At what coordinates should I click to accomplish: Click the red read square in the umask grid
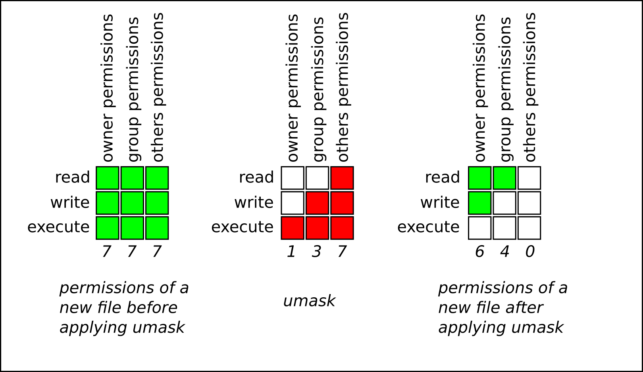[342, 178]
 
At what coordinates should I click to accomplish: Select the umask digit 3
[316, 252]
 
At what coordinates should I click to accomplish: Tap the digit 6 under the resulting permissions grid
[479, 252]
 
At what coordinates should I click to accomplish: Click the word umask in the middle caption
[309, 301]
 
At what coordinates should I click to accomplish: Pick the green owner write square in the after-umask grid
[479, 203]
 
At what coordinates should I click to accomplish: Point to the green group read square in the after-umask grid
[504, 178]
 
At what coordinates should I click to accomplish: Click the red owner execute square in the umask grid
[293, 228]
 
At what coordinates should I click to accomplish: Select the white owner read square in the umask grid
[293, 178]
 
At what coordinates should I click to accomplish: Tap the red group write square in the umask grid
[317, 203]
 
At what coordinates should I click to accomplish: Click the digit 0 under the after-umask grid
[529, 252]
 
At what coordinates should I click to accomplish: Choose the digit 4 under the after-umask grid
[504, 252]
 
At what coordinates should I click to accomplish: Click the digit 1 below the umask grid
[291, 252]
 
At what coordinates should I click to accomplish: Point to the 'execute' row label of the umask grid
[242, 227]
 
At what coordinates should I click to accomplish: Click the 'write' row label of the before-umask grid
[70, 203]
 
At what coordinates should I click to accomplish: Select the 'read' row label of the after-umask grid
[442, 177]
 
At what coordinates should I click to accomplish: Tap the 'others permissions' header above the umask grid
[343, 87]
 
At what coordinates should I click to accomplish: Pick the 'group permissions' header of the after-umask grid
[505, 89]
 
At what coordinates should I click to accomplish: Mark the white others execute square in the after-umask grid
[529, 228]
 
